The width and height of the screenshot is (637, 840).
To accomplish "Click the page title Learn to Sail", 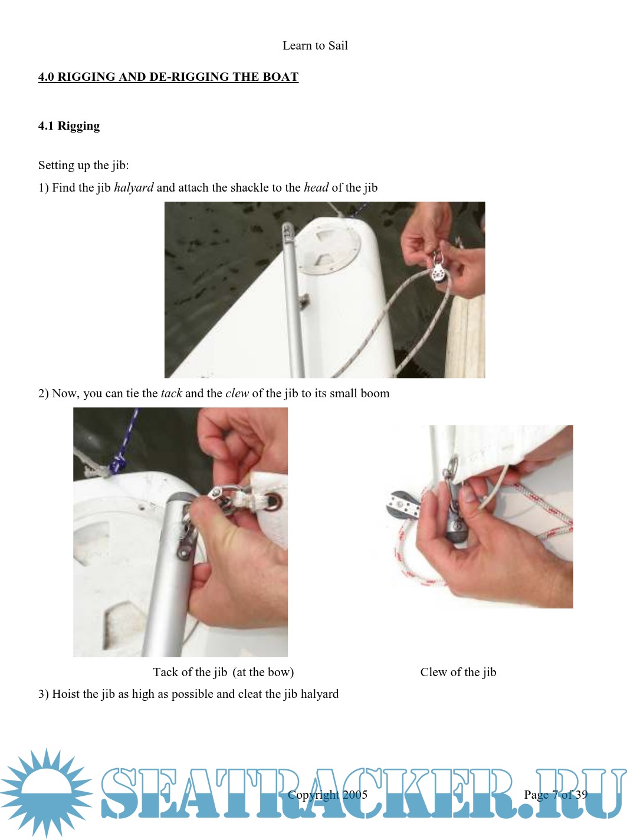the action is pos(315,45).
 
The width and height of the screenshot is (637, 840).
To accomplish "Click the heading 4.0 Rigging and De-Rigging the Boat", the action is pos(168,77).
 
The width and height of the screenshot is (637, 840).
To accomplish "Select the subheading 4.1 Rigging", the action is pos(69,126).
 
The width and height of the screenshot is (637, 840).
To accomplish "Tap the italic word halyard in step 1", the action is pos(134,187).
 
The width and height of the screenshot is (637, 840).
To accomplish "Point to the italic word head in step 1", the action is pos(316,187).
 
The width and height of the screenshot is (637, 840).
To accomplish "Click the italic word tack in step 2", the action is pos(171,393).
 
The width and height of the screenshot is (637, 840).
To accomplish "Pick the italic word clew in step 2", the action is pos(237,393).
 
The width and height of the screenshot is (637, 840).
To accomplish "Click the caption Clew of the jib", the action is pos(458,672).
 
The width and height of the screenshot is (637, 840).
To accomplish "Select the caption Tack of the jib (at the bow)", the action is pos(224,672).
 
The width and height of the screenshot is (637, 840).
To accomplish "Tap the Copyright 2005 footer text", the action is pos(327,795).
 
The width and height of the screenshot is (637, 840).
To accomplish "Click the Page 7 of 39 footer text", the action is pos(556,795).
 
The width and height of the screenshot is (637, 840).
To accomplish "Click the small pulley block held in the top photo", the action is pos(437,269).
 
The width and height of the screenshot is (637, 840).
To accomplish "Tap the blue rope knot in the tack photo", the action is pos(116,465).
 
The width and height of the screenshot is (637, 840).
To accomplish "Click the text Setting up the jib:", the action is pos(83,165).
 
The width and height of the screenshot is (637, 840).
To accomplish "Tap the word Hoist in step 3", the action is pos(65,694).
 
